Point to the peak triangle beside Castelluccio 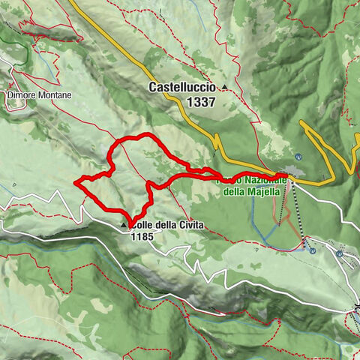pyautogui.click(x=223, y=89)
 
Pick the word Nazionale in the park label pyautogui.click(x=260, y=180)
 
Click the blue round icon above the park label pyautogui.click(x=298, y=157)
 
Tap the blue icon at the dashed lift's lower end pyautogui.click(x=311, y=251)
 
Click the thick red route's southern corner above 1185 pyautogui.click(x=133, y=219)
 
